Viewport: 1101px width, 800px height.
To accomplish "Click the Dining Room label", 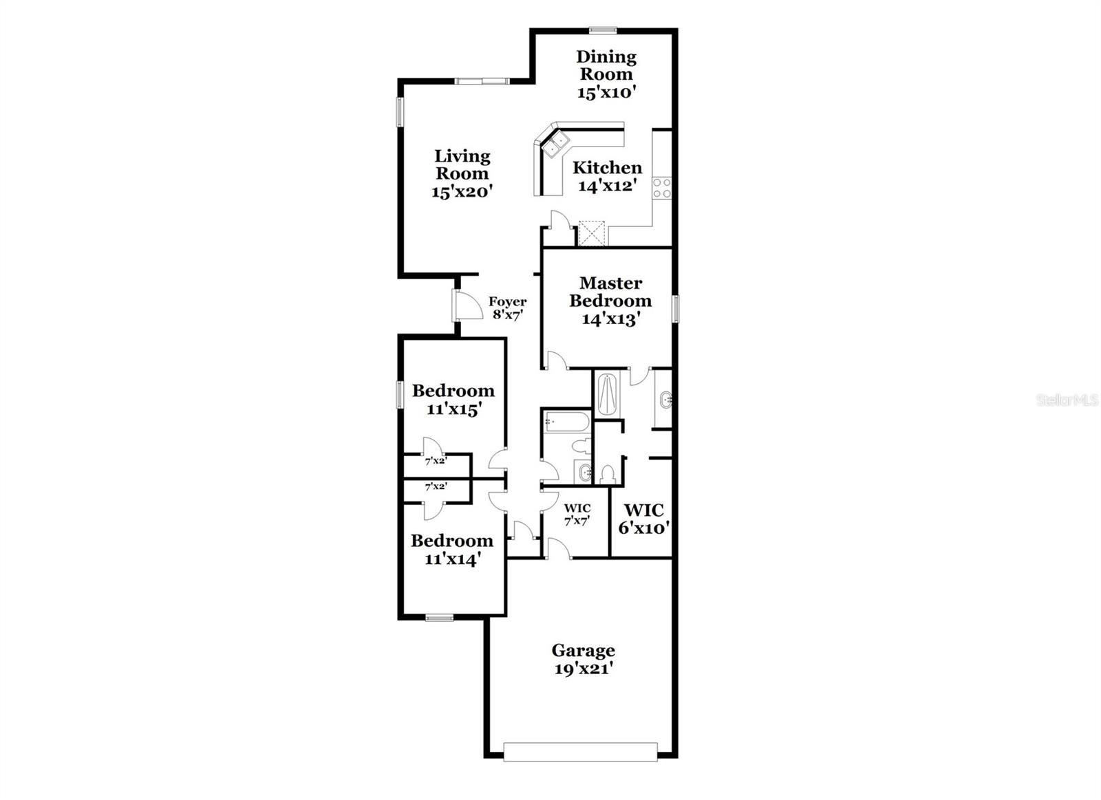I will (606, 65).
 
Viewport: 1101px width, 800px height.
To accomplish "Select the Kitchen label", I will (607, 168).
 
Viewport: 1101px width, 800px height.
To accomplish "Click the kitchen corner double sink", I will (556, 144).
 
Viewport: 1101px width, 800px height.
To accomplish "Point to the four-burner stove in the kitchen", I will (661, 188).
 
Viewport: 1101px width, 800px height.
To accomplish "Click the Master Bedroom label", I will (610, 292).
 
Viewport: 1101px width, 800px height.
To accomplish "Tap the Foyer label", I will (508, 301).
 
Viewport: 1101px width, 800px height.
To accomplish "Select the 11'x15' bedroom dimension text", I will (452, 409).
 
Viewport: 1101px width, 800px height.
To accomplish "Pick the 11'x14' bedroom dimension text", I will (452, 559).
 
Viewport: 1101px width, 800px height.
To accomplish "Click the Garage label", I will (584, 650).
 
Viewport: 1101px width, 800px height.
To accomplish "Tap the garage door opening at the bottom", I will (581, 751).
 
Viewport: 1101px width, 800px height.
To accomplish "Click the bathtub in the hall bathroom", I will (566, 421).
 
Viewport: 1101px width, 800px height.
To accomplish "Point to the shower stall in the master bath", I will (608, 394).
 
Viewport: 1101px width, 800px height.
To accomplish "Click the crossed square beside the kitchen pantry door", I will (591, 233).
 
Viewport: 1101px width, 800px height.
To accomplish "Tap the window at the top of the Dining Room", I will (603, 30).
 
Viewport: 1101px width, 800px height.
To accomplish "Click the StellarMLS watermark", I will (1067, 400).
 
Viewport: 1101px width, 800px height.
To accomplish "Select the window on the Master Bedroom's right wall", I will (676, 307).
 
